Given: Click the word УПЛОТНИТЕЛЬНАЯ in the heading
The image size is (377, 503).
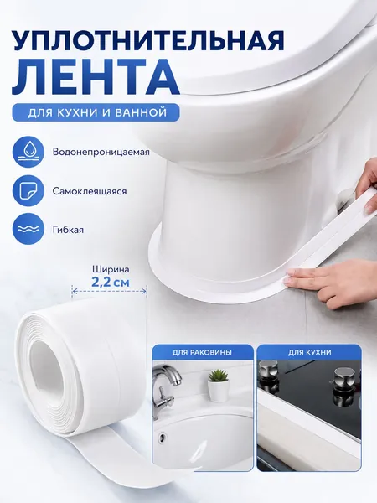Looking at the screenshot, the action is click(147, 40).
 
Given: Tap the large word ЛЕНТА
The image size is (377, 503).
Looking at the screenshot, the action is click(96, 78).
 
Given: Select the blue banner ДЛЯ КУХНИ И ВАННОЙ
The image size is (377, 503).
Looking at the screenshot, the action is click(96, 112).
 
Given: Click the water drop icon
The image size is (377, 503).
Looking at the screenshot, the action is click(28, 152).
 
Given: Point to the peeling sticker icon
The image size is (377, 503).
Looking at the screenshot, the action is click(28, 191).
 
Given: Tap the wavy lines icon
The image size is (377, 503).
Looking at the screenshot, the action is click(28, 230).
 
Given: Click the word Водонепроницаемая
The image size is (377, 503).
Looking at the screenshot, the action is click(101, 152).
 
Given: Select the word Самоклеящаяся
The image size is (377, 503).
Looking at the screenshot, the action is click(90, 191).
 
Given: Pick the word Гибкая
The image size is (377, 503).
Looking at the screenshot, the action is click(68, 230).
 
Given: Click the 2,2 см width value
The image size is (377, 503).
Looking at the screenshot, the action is click(111, 283).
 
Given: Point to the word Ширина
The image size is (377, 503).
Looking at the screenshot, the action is click(111, 269).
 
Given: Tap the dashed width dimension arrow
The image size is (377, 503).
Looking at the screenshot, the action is click(109, 291).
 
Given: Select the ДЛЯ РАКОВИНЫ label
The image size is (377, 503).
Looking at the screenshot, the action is click(202, 353).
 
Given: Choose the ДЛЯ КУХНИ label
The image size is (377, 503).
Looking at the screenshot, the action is click(310, 353).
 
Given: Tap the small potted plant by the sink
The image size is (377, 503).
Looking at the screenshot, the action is click(219, 386).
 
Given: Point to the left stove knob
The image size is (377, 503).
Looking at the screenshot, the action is click(268, 374).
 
